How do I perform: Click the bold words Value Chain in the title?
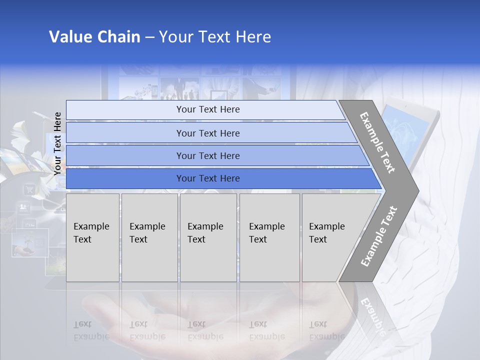(x=94, y=37)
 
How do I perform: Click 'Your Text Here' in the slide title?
(x=215, y=37)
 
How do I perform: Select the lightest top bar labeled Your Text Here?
(x=207, y=109)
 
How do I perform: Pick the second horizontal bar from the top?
(x=207, y=133)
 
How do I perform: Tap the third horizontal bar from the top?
(x=207, y=155)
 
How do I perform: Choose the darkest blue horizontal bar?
(x=207, y=178)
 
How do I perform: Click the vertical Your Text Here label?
(x=58, y=143)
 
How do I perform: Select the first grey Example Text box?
(x=92, y=237)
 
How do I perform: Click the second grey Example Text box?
(x=149, y=237)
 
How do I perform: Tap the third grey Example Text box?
(x=207, y=237)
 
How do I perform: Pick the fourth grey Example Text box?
(x=269, y=237)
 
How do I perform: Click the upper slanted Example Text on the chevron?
(x=377, y=142)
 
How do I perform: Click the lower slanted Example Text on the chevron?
(x=378, y=236)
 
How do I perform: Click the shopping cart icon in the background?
(x=29, y=189)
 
